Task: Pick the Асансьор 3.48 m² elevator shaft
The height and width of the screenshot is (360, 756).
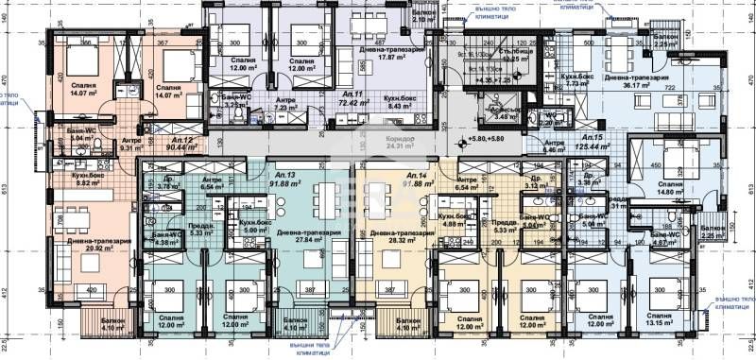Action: coord(499,112)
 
